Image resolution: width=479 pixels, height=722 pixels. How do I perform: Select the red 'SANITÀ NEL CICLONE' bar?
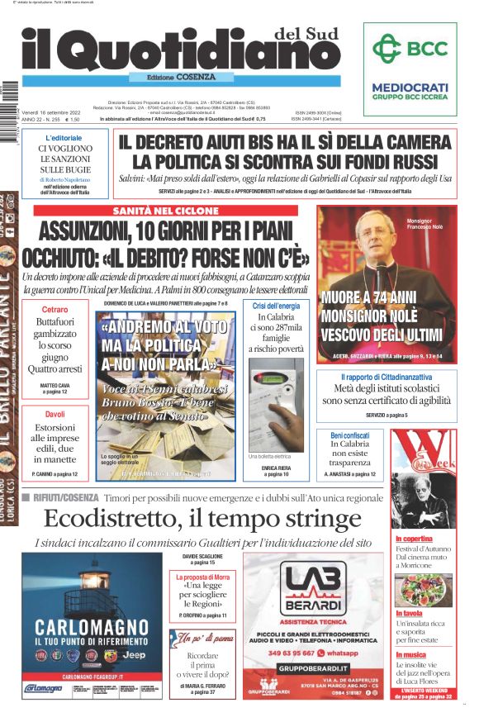[x=172, y=211]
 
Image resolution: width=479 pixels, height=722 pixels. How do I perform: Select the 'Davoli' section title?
[x=55, y=414]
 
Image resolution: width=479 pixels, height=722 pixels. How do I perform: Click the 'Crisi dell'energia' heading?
[x=276, y=306]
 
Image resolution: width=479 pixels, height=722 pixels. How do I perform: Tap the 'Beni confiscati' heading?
[x=349, y=435]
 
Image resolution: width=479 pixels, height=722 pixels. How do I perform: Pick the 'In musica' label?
[x=410, y=655]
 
